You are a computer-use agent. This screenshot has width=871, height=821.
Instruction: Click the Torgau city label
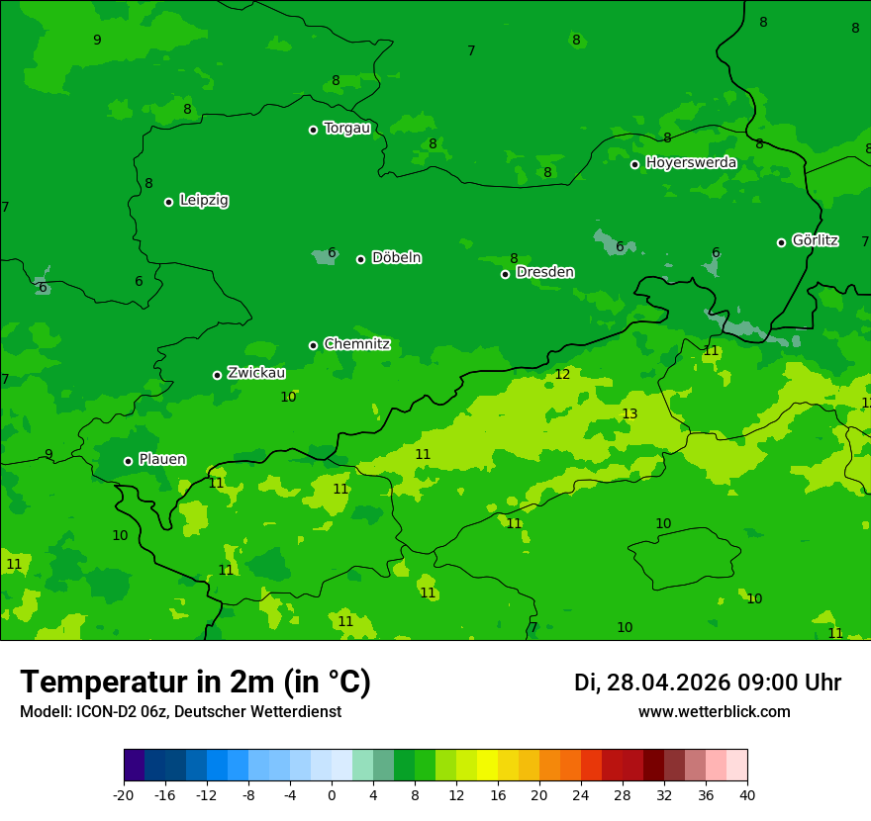tap(346, 129)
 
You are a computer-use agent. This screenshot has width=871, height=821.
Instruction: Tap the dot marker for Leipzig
tap(168, 202)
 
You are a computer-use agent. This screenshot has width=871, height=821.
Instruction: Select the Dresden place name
tap(544, 272)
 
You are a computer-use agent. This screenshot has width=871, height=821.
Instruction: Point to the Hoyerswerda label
tap(691, 162)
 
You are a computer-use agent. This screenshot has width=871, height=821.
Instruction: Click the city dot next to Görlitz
tap(781, 242)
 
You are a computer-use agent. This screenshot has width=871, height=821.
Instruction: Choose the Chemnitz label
tap(356, 344)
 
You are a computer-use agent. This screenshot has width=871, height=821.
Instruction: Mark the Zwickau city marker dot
tap(217, 375)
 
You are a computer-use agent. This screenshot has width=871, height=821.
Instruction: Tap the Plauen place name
tap(161, 459)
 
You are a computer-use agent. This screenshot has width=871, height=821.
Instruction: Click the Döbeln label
tap(396, 257)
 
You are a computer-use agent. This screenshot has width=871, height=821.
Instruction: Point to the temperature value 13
tap(629, 413)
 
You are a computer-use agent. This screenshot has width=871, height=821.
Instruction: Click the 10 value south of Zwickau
tap(288, 397)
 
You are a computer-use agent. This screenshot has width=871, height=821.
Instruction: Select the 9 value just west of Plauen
tap(48, 455)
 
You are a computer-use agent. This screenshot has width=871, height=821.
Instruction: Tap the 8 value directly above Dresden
tap(514, 258)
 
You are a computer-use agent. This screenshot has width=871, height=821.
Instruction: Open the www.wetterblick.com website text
tap(714, 711)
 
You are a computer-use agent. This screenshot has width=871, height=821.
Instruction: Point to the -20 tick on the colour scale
tap(124, 794)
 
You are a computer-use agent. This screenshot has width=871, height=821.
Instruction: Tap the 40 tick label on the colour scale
tap(747, 794)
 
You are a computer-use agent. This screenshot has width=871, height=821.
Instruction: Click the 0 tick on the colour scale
tap(332, 794)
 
